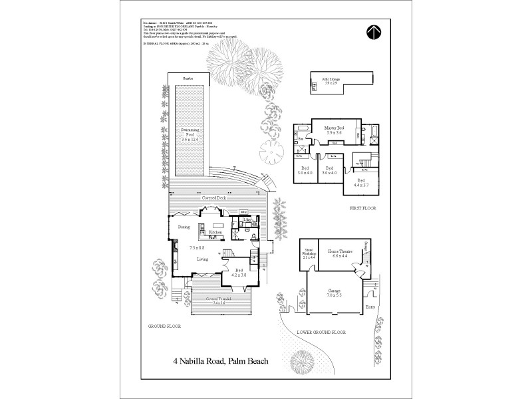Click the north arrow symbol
tap(378, 32)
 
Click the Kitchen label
tap(215, 232)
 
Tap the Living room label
tap(203, 259)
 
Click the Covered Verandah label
tap(219, 300)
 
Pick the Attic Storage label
tap(332, 81)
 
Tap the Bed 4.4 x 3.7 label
tap(361, 182)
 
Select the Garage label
tap(334, 293)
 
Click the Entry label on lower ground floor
tap(370, 307)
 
